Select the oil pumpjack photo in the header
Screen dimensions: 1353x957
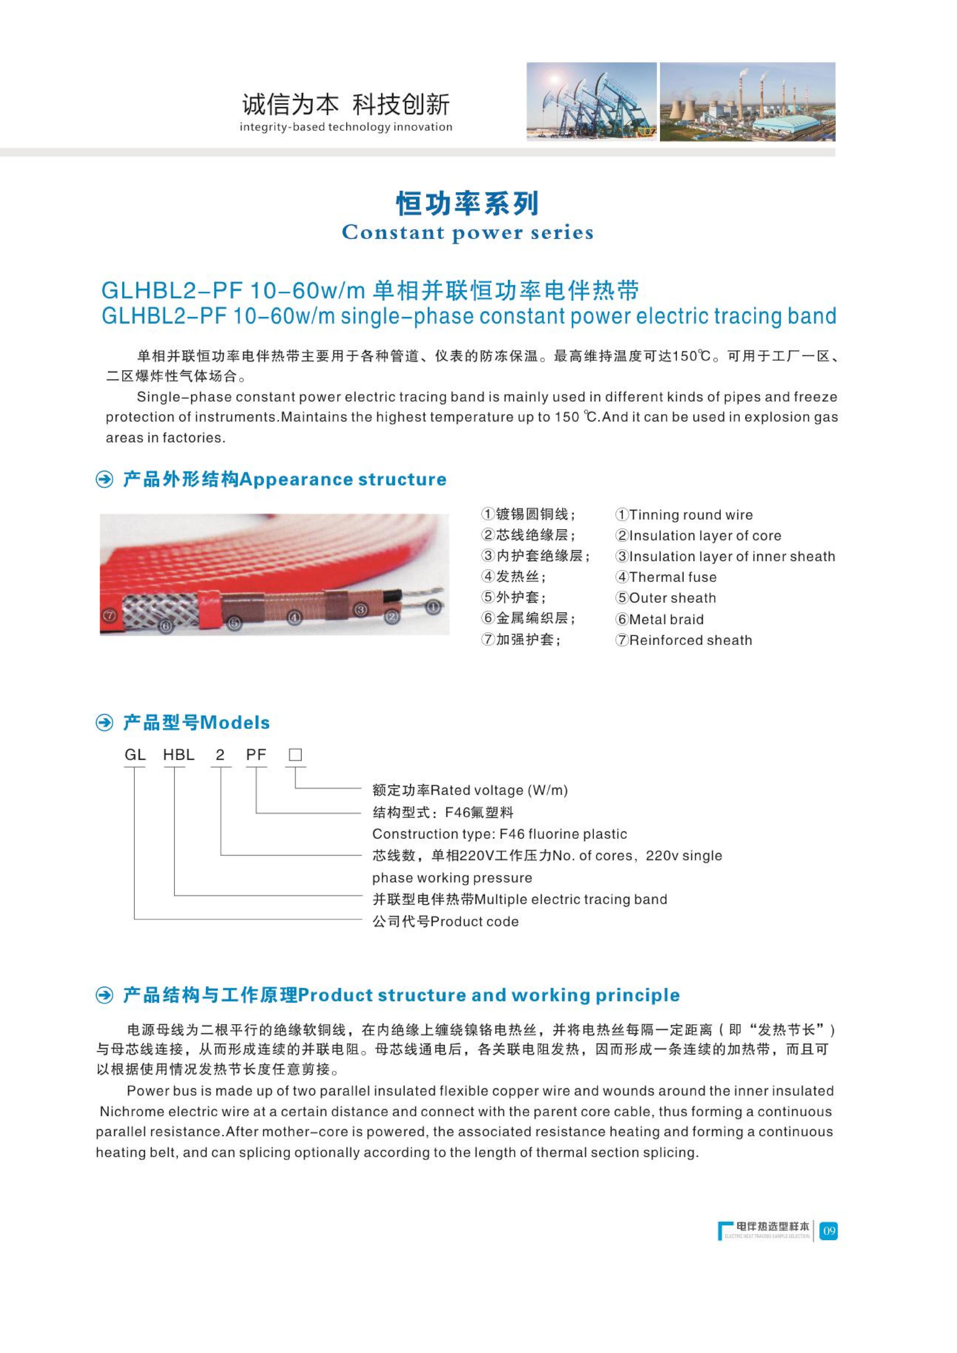(591, 101)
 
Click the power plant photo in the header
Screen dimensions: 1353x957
(747, 101)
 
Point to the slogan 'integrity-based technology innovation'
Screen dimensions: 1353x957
(346, 127)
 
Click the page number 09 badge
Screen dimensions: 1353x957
(829, 1231)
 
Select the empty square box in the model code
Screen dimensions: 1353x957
(295, 755)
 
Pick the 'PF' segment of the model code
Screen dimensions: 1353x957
(256, 755)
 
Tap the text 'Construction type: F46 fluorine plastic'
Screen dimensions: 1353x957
(500, 834)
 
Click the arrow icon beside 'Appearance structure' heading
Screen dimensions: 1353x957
(105, 480)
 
